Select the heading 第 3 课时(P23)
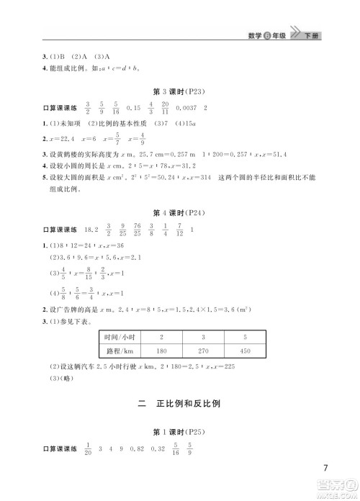point(179,93)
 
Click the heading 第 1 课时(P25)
point(179,432)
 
